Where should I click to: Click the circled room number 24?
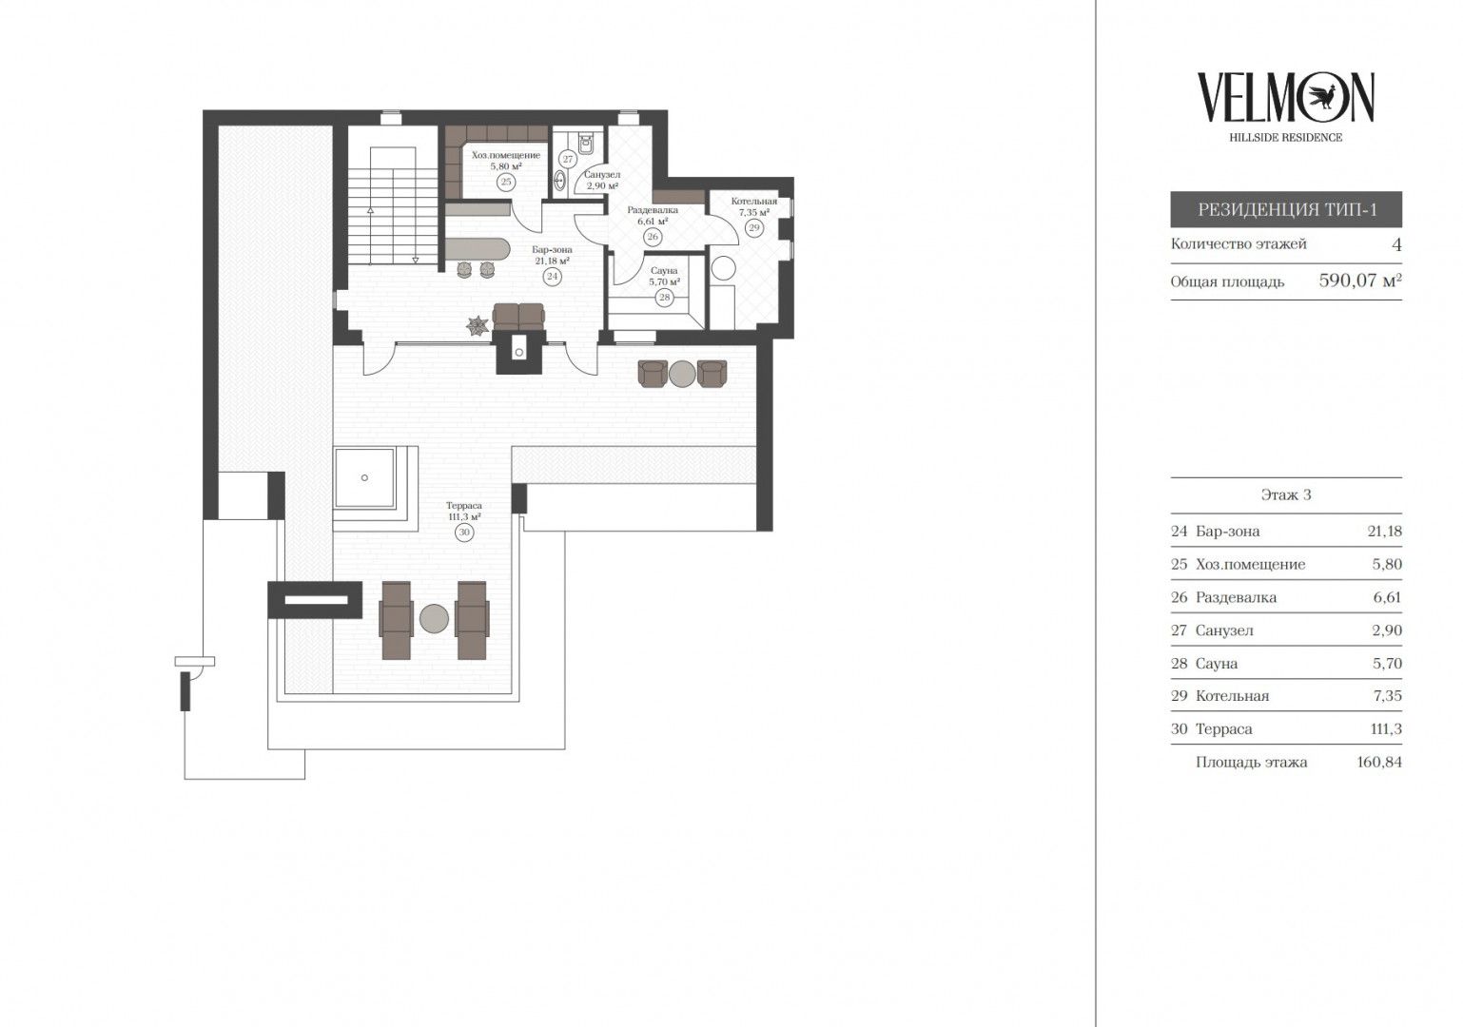553,276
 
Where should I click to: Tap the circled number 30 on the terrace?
463,533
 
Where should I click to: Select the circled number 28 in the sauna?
664,298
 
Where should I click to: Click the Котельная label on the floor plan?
753,201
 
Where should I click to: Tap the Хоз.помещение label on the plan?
505,155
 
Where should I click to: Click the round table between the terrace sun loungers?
434,618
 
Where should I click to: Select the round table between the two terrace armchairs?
683,374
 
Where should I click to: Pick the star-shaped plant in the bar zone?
478,325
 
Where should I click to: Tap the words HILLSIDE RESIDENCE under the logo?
1286,138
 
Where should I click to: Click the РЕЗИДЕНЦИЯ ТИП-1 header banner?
1286,209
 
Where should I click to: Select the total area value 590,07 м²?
1360,281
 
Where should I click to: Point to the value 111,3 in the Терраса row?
1386,729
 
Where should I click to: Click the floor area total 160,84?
1379,762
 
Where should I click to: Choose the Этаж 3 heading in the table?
1286,494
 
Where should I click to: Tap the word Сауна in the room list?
1216,664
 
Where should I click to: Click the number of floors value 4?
1396,244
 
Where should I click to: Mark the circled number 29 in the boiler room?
754,228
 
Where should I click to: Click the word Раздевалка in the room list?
1236,597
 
